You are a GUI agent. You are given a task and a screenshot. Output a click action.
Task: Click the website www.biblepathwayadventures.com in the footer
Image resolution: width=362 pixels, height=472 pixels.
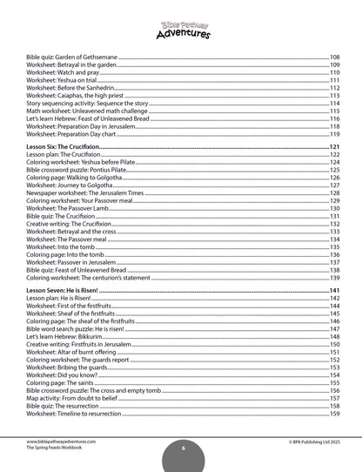(x=61, y=442)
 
